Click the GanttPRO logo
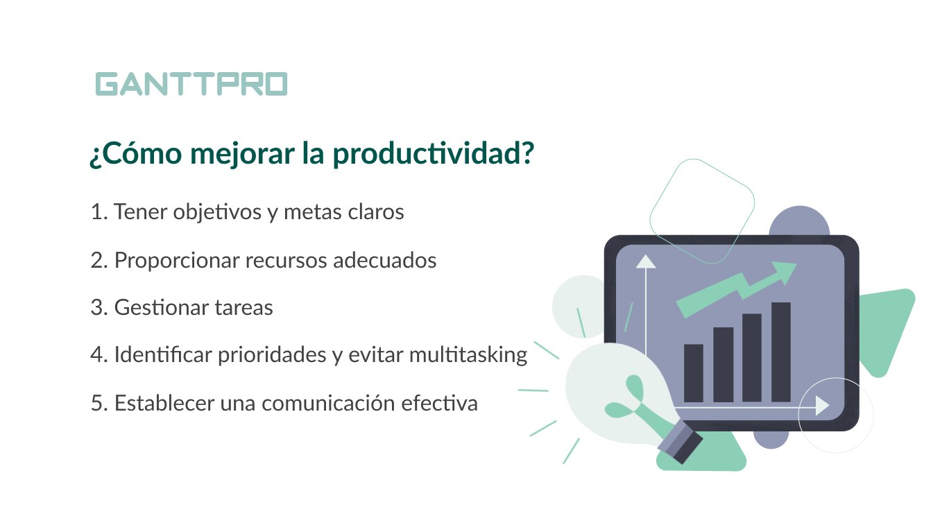pyautogui.click(x=191, y=84)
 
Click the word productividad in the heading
pyautogui.click(x=433, y=154)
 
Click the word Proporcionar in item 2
pyautogui.click(x=177, y=261)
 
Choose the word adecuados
pyautogui.click(x=385, y=260)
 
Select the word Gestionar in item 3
pyautogui.click(x=162, y=307)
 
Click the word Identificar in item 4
pyautogui.click(x=163, y=354)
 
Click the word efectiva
pyautogui.click(x=440, y=403)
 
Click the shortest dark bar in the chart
pyautogui.click(x=694, y=373)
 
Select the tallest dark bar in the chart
pyautogui.click(x=781, y=352)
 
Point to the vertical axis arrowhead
pyautogui.click(x=646, y=261)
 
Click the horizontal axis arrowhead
pyautogui.click(x=822, y=406)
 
